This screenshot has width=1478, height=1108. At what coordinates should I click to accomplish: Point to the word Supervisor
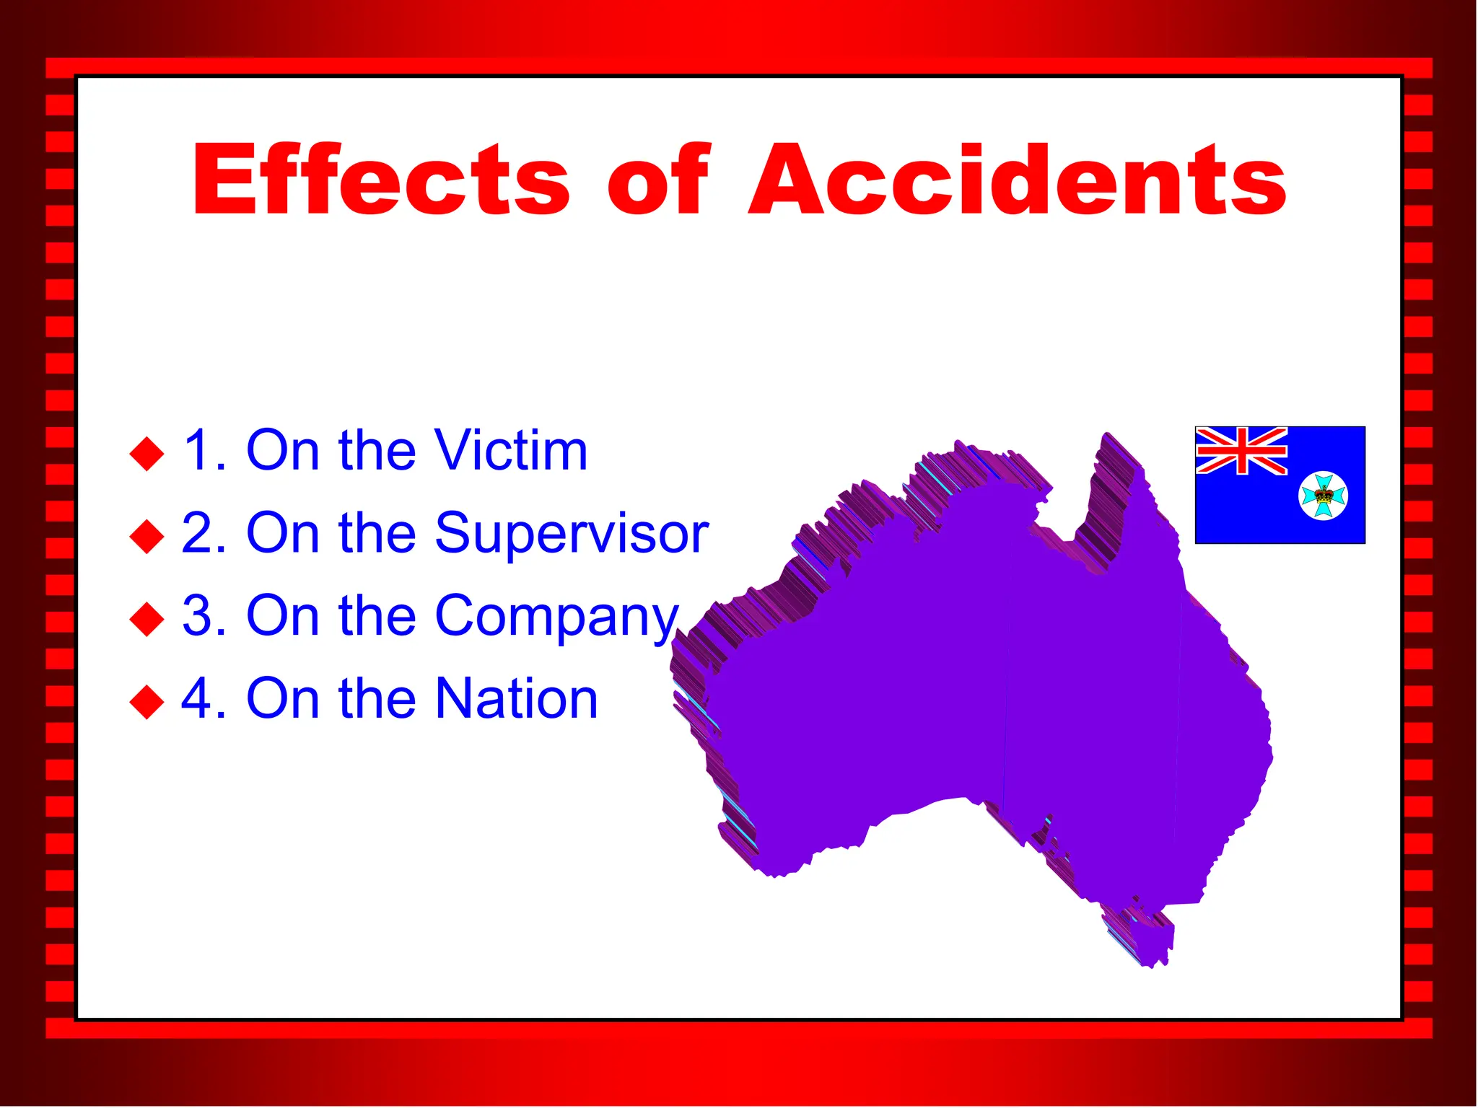click(x=572, y=534)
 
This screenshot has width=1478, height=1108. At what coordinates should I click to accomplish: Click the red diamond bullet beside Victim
click(x=147, y=454)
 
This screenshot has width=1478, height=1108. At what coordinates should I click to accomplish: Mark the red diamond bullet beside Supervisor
click(x=147, y=537)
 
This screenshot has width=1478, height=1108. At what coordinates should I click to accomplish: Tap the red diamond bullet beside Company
click(x=147, y=619)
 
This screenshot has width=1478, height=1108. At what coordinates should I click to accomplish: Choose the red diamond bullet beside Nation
click(x=147, y=701)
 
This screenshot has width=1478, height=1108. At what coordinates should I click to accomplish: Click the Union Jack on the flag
click(x=1241, y=451)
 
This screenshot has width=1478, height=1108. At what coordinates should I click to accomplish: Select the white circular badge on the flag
click(x=1323, y=496)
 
